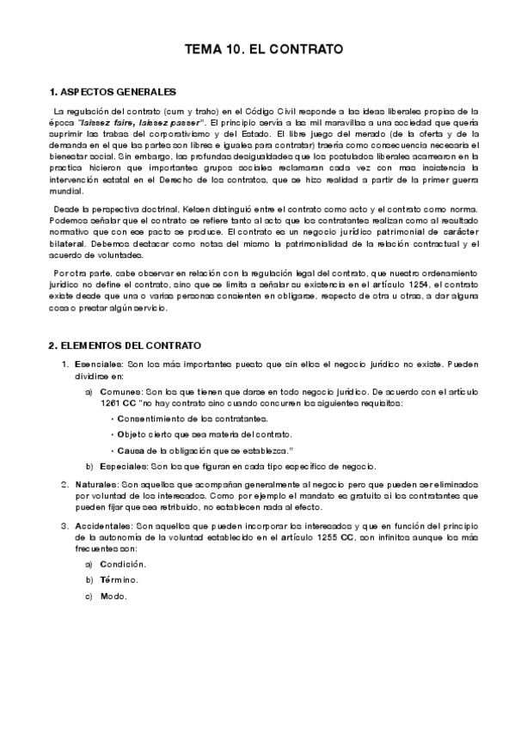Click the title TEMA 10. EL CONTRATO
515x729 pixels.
(264, 50)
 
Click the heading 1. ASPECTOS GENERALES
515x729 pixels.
(113, 91)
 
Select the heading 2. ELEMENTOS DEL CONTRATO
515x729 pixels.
(125, 345)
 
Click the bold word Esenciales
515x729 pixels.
(98, 364)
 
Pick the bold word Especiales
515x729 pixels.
(124, 466)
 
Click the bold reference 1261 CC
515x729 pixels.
(116, 402)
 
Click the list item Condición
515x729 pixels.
(122, 564)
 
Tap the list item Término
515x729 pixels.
(119, 580)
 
